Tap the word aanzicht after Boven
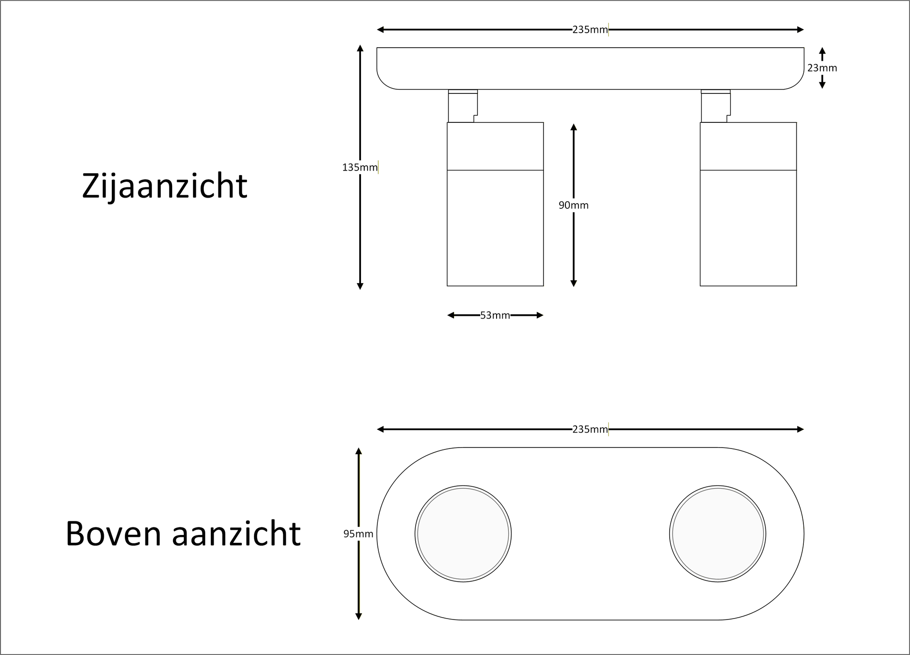click(236, 534)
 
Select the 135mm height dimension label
click(360, 167)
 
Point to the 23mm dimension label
click(822, 68)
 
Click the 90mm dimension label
click(573, 205)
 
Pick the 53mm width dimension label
click(495, 315)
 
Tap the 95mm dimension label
click(358, 534)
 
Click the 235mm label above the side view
click(590, 30)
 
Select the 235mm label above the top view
click(590, 429)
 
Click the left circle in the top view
click(463, 534)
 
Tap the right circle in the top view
click(718, 534)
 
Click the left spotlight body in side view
click(495, 204)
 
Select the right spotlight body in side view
click(748, 204)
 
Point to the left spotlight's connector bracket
click(463, 106)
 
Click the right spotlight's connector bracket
click(715, 106)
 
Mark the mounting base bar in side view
click(590, 68)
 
